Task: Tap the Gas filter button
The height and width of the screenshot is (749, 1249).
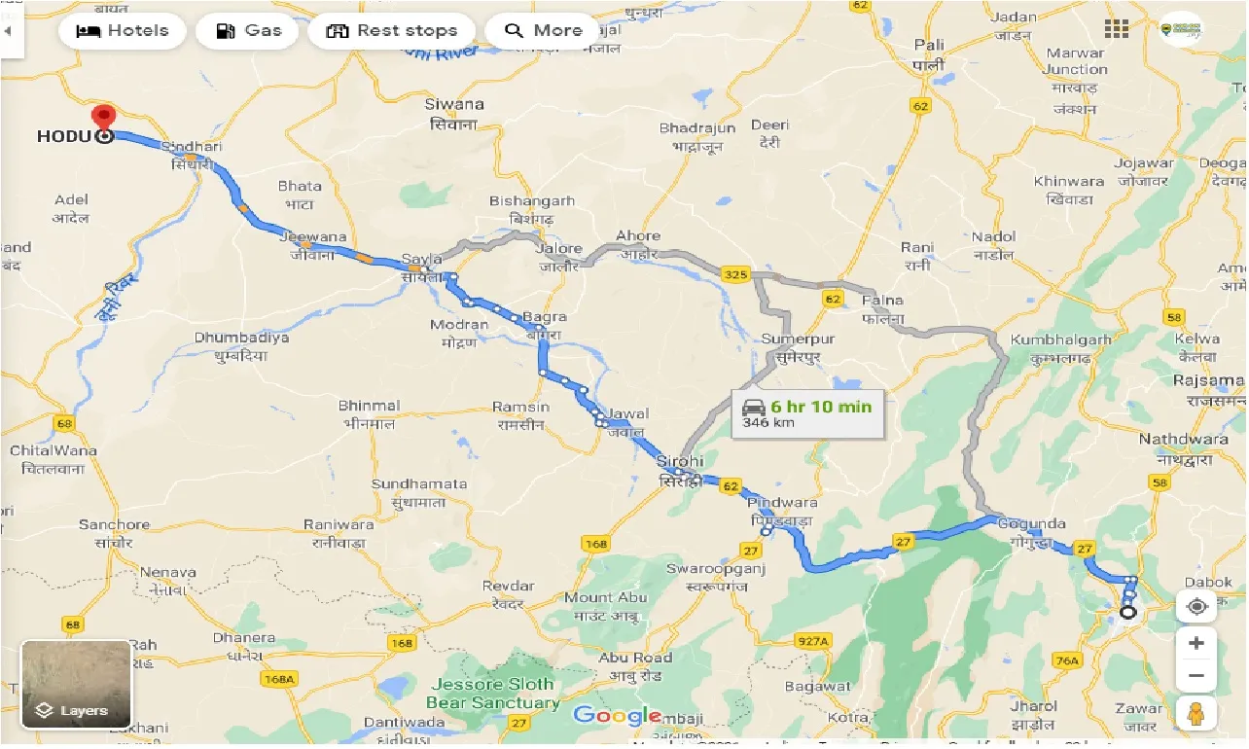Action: [248, 30]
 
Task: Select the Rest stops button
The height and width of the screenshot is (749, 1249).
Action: [391, 30]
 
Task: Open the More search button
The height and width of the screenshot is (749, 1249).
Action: [543, 30]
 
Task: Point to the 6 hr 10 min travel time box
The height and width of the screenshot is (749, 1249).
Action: [806, 412]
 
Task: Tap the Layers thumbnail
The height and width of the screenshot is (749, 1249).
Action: [76, 685]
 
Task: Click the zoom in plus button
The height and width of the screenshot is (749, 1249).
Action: [1196, 643]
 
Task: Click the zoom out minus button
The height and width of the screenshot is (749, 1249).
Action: [1196, 675]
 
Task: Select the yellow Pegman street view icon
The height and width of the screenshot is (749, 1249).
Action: [1196, 713]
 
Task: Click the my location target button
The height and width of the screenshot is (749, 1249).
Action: [1196, 606]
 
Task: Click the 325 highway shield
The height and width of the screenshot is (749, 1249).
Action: [734, 275]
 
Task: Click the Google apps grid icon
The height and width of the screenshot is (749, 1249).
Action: [1116, 28]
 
